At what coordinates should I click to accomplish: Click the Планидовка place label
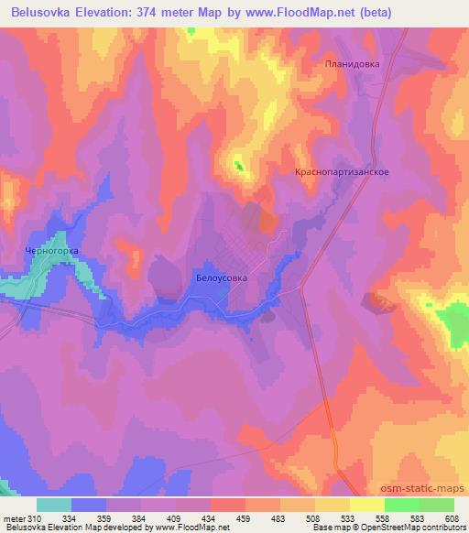click(352, 64)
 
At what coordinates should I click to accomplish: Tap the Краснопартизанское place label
click(343, 171)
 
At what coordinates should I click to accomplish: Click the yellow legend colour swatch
click(332, 504)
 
